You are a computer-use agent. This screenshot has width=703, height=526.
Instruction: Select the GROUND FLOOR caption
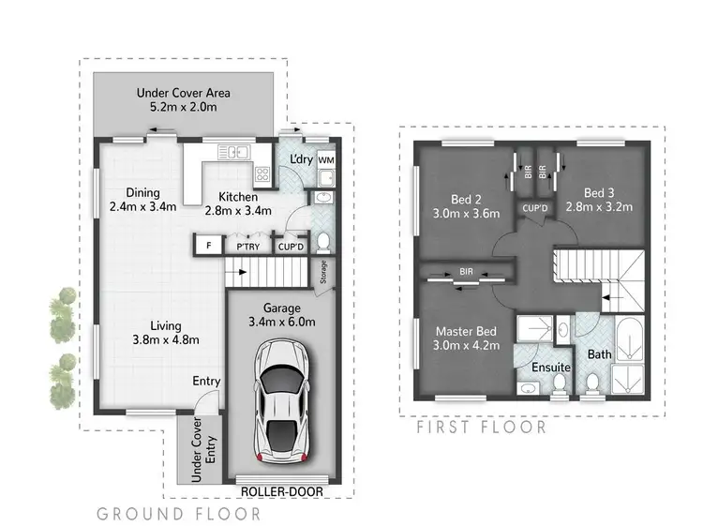coord(179,514)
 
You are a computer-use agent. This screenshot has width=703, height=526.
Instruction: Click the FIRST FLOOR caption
coord(480,427)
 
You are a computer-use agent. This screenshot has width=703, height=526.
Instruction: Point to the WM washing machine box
coord(326,161)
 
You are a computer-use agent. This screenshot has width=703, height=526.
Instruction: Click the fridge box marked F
coord(207,247)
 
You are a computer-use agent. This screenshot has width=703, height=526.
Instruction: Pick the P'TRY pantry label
coord(248,247)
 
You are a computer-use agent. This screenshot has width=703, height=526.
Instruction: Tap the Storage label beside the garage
coord(324,272)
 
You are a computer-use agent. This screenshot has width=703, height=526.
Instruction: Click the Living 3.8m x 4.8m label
coord(158,332)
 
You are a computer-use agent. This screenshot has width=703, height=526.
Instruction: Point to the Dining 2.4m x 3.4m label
coord(142,200)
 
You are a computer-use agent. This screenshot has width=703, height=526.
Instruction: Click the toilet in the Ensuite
coord(561,384)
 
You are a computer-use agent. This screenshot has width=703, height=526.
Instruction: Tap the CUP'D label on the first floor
coord(535,207)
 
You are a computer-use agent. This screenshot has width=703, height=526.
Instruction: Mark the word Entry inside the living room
coord(206,381)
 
